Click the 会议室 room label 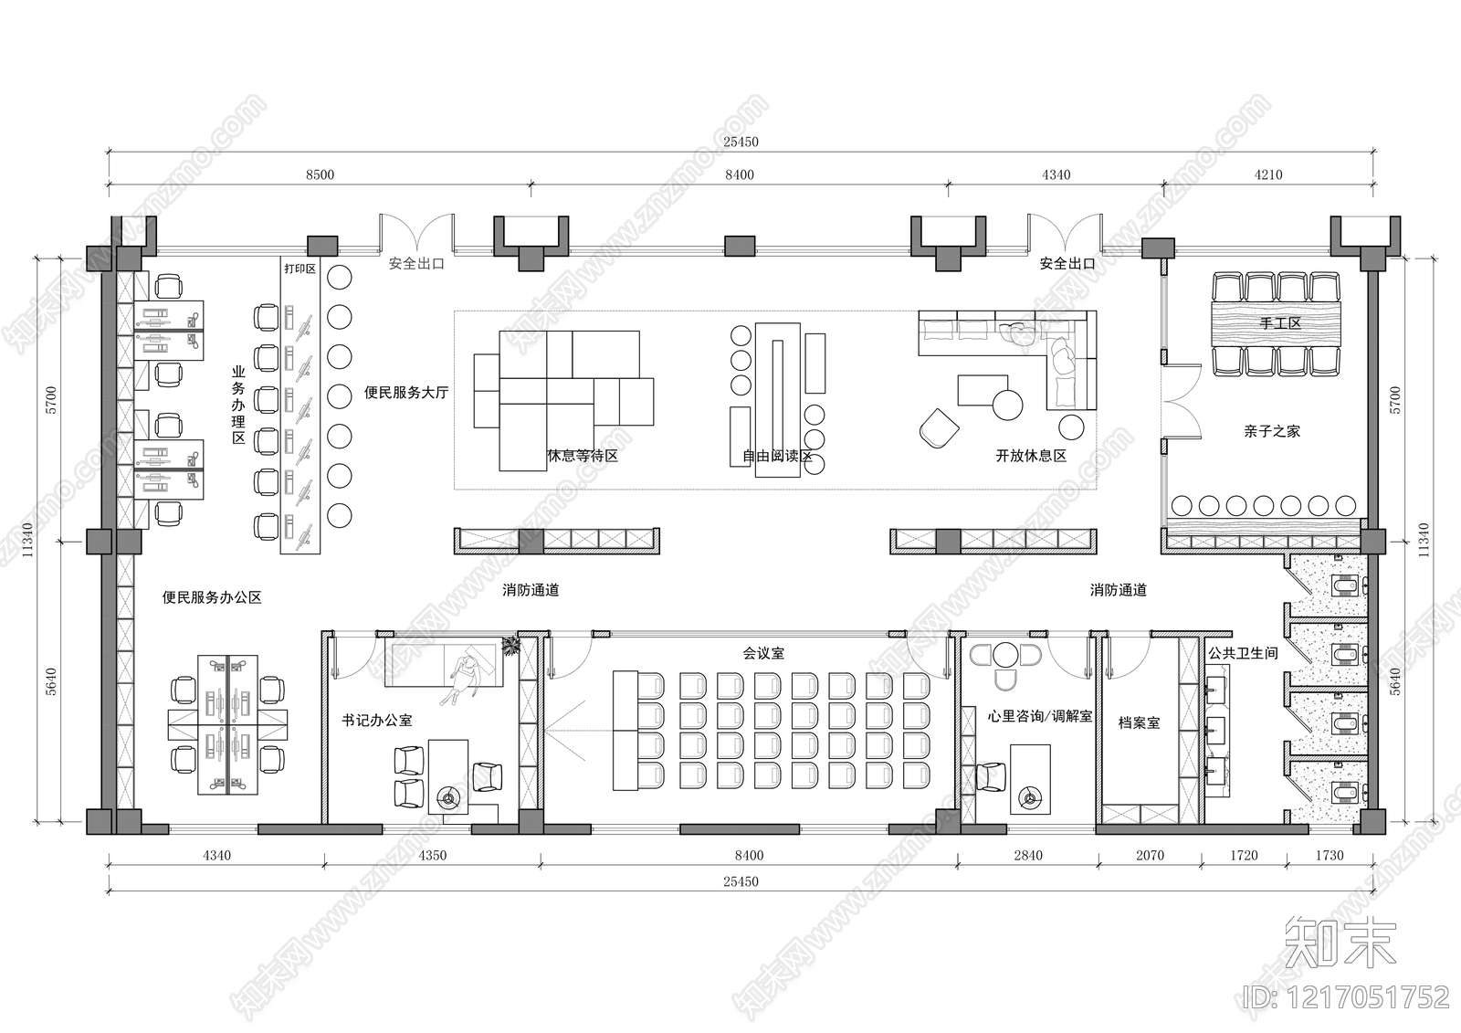[763, 653]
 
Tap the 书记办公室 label [377, 721]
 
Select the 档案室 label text [1139, 723]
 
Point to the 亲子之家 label [1272, 431]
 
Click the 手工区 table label [1279, 323]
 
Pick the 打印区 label [300, 269]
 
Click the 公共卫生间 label [1243, 653]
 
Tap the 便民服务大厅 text [406, 392]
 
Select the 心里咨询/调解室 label [1040, 716]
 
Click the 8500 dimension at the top [320, 174]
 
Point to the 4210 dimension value [1268, 174]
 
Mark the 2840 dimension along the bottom [1028, 856]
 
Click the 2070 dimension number [1150, 856]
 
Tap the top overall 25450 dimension [741, 142]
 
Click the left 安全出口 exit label [416, 264]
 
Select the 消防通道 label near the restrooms [1118, 591]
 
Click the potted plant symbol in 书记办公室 [511, 646]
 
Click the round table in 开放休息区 [1008, 405]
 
